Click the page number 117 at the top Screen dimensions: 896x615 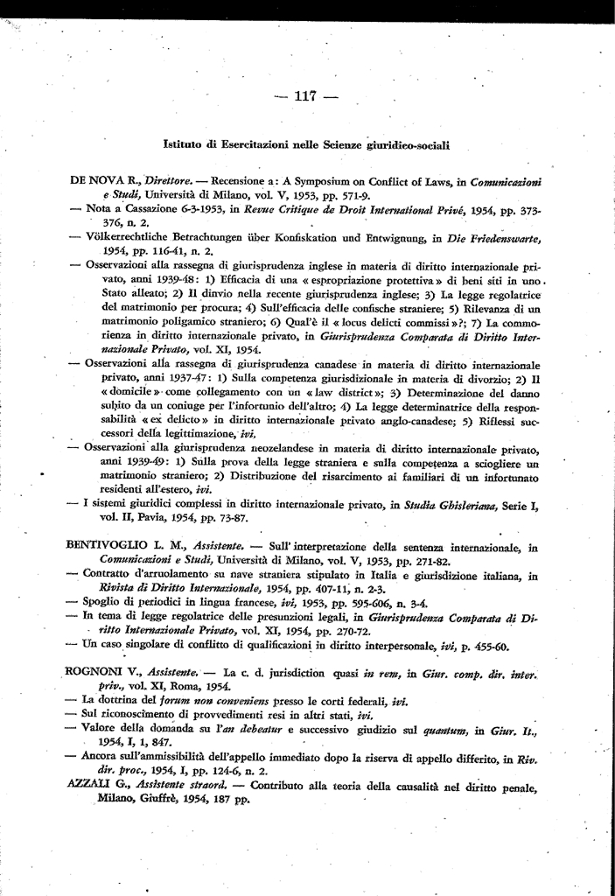pyautogui.click(x=307, y=95)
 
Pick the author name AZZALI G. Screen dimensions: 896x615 pyautogui.click(x=95, y=786)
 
